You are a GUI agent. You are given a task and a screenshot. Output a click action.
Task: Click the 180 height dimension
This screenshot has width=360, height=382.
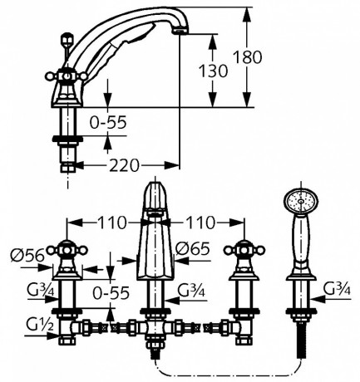point(247,57)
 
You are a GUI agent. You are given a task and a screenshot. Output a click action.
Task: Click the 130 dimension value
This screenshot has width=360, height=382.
point(214,71)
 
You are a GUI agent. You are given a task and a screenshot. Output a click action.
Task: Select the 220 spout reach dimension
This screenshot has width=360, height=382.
point(124,165)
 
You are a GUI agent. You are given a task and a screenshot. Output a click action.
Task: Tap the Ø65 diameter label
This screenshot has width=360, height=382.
point(193,249)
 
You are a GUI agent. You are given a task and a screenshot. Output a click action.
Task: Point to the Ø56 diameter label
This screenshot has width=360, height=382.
point(27,255)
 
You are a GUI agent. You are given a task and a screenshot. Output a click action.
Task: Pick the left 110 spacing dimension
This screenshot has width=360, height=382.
point(111,223)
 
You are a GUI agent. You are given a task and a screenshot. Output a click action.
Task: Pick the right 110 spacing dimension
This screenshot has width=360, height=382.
point(200,223)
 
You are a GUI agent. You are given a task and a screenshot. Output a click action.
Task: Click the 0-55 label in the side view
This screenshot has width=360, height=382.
point(108,122)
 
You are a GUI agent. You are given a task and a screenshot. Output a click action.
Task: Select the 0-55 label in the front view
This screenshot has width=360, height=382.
point(111,293)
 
